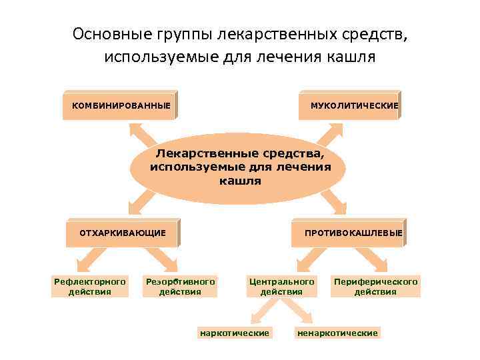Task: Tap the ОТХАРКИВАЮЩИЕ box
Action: tap(123, 233)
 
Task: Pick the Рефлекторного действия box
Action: tap(89, 287)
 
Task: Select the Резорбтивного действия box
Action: tap(180, 287)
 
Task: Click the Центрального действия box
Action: tap(281, 287)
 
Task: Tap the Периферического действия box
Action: tap(376, 287)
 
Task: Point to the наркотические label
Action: tap(234, 332)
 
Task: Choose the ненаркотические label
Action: tap(337, 332)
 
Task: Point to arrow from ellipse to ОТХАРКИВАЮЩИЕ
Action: tap(147, 200)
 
